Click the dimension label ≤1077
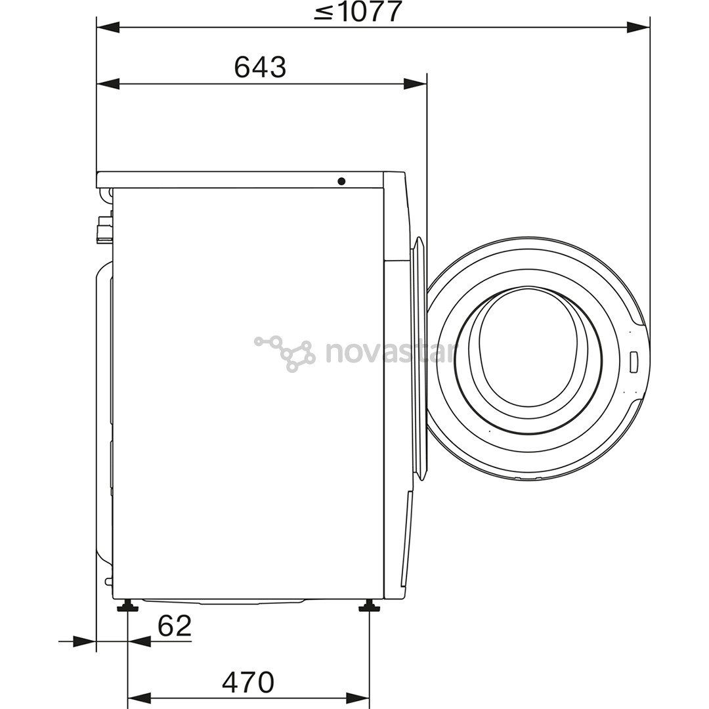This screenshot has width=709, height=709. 357,11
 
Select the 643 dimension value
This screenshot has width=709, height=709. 260,67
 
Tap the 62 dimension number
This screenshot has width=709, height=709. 175,626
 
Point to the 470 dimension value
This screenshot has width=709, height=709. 247,683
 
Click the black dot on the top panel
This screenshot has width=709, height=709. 341,181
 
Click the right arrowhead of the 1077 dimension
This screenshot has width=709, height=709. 637,27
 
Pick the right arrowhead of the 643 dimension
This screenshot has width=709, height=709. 415,83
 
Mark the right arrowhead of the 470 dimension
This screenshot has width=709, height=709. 358,697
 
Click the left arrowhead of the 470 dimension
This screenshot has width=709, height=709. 139,697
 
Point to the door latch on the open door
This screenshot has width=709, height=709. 634,362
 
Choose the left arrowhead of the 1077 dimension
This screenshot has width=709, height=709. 108,27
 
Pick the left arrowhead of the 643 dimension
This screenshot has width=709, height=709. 108,83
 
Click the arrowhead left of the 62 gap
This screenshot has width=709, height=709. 84,641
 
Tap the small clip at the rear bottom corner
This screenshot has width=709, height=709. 108,580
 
